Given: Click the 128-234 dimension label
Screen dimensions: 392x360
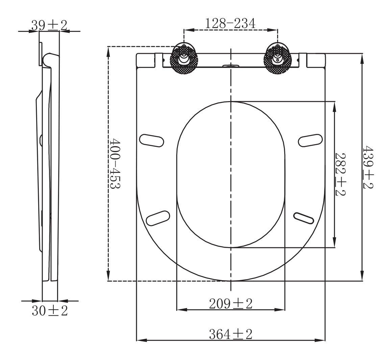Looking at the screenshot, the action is coord(230,24).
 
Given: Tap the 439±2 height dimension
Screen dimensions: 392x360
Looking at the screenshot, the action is coord(368,167).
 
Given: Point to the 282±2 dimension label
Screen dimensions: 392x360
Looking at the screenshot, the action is coord(340,174).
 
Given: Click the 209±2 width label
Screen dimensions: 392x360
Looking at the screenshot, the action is coord(231,304).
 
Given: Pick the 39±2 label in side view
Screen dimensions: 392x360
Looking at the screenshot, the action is coord(49,25).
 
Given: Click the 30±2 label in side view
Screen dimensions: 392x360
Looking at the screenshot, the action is coord(50,311).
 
